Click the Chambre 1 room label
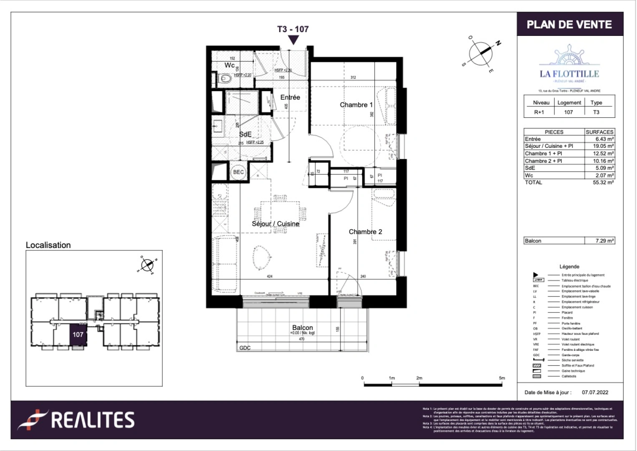[x=356, y=105]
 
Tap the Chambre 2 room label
[x=365, y=232]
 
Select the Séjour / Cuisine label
[x=275, y=224]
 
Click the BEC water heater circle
[x=238, y=172]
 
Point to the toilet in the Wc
[x=226, y=78]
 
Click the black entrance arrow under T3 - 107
[x=293, y=40]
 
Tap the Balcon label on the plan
[x=302, y=328]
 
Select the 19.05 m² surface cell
[x=603, y=146]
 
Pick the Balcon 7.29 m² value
[x=604, y=241]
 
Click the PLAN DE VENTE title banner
[x=569, y=25]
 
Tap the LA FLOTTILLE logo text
[x=569, y=74]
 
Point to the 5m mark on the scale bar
[x=501, y=378]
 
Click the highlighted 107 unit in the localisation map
[x=78, y=334]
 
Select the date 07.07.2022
[x=595, y=393]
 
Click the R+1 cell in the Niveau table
[x=539, y=112]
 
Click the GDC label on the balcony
[x=245, y=348]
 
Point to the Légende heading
[x=569, y=266]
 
